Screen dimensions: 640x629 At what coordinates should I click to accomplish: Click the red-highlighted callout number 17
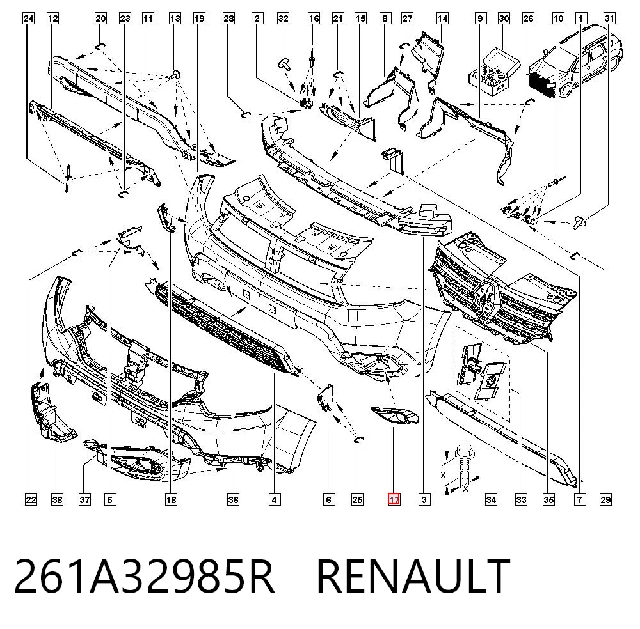(x=394, y=499)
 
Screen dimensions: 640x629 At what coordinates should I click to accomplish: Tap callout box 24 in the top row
(x=28, y=19)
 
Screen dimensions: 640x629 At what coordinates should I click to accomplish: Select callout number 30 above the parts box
(x=504, y=19)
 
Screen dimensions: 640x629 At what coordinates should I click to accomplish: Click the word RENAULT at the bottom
(x=413, y=577)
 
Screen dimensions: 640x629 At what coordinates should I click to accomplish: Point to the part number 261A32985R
(x=144, y=577)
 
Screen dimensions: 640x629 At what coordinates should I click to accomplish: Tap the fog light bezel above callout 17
(x=395, y=415)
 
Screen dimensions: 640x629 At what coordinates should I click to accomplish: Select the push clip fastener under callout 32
(x=285, y=65)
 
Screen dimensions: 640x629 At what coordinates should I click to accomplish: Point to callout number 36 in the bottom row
(x=233, y=499)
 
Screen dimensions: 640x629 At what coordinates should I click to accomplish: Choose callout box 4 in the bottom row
(x=275, y=499)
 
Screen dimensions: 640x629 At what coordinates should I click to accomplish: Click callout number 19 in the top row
(x=199, y=19)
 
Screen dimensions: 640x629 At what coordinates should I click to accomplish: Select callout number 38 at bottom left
(x=57, y=499)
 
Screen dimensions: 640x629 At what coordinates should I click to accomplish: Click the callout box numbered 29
(x=605, y=499)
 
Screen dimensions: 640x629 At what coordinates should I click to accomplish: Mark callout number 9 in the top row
(x=481, y=19)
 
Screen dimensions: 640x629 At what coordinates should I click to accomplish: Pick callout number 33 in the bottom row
(x=521, y=499)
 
